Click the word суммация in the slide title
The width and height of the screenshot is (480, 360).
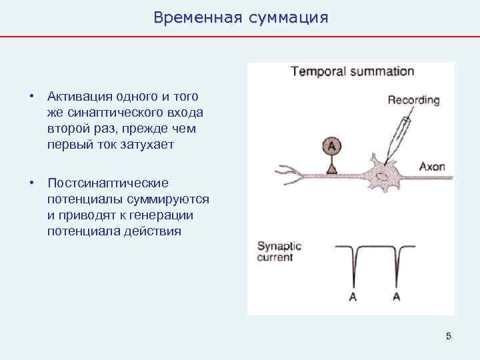coord(288,17)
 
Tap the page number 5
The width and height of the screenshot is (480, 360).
coord(449,336)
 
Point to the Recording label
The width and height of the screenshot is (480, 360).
coord(413,101)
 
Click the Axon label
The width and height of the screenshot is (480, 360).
coord(431,167)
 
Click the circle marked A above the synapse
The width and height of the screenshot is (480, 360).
coord(331,146)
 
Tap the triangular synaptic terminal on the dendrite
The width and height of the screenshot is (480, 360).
coord(331,169)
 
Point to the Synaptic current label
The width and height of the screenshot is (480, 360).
coord(279,251)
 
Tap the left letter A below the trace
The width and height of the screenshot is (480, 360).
coord(353,297)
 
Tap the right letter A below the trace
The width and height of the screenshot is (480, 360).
coord(397,297)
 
